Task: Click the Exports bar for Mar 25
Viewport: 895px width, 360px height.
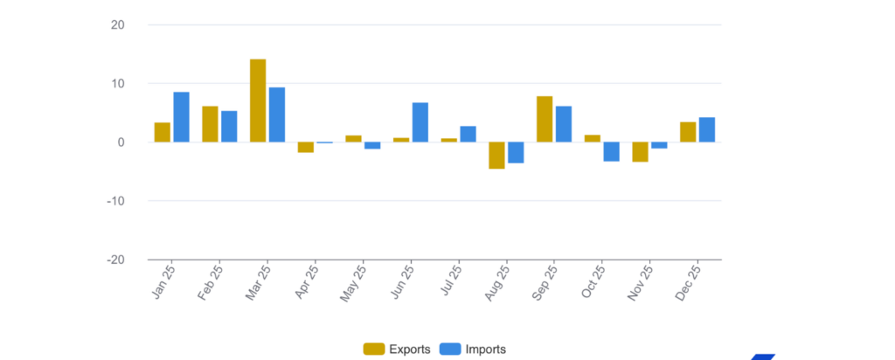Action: click(258, 100)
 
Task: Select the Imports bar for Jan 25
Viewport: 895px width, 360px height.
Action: click(181, 117)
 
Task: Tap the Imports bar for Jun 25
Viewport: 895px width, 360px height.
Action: click(420, 122)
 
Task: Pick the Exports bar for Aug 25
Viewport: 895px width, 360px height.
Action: click(496, 156)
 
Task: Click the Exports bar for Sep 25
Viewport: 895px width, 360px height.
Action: click(545, 119)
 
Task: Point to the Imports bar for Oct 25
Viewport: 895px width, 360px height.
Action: click(611, 152)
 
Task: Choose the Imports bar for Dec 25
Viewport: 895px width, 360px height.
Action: click(707, 129)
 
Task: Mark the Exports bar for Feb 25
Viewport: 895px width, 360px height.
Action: click(210, 124)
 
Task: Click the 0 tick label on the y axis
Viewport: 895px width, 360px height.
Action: click(121, 142)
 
